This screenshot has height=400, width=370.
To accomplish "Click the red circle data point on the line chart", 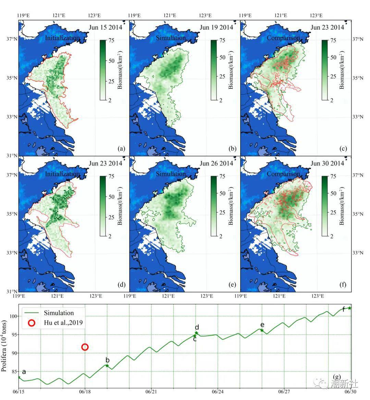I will click(x=85, y=347).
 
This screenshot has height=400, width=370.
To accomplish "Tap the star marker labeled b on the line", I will click(x=107, y=365).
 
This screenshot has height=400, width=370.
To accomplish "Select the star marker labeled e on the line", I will click(x=262, y=330).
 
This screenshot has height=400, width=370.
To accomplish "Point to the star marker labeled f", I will click(x=349, y=308).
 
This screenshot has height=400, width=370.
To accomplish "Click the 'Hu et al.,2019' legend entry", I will click(x=63, y=322).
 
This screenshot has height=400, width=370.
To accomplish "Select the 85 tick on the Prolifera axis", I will click(x=13, y=371).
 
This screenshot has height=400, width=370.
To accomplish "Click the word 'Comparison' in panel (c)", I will click(x=283, y=38).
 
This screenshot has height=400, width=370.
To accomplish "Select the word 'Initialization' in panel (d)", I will click(x=62, y=174).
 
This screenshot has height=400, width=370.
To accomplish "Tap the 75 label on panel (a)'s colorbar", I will click(x=111, y=40).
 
